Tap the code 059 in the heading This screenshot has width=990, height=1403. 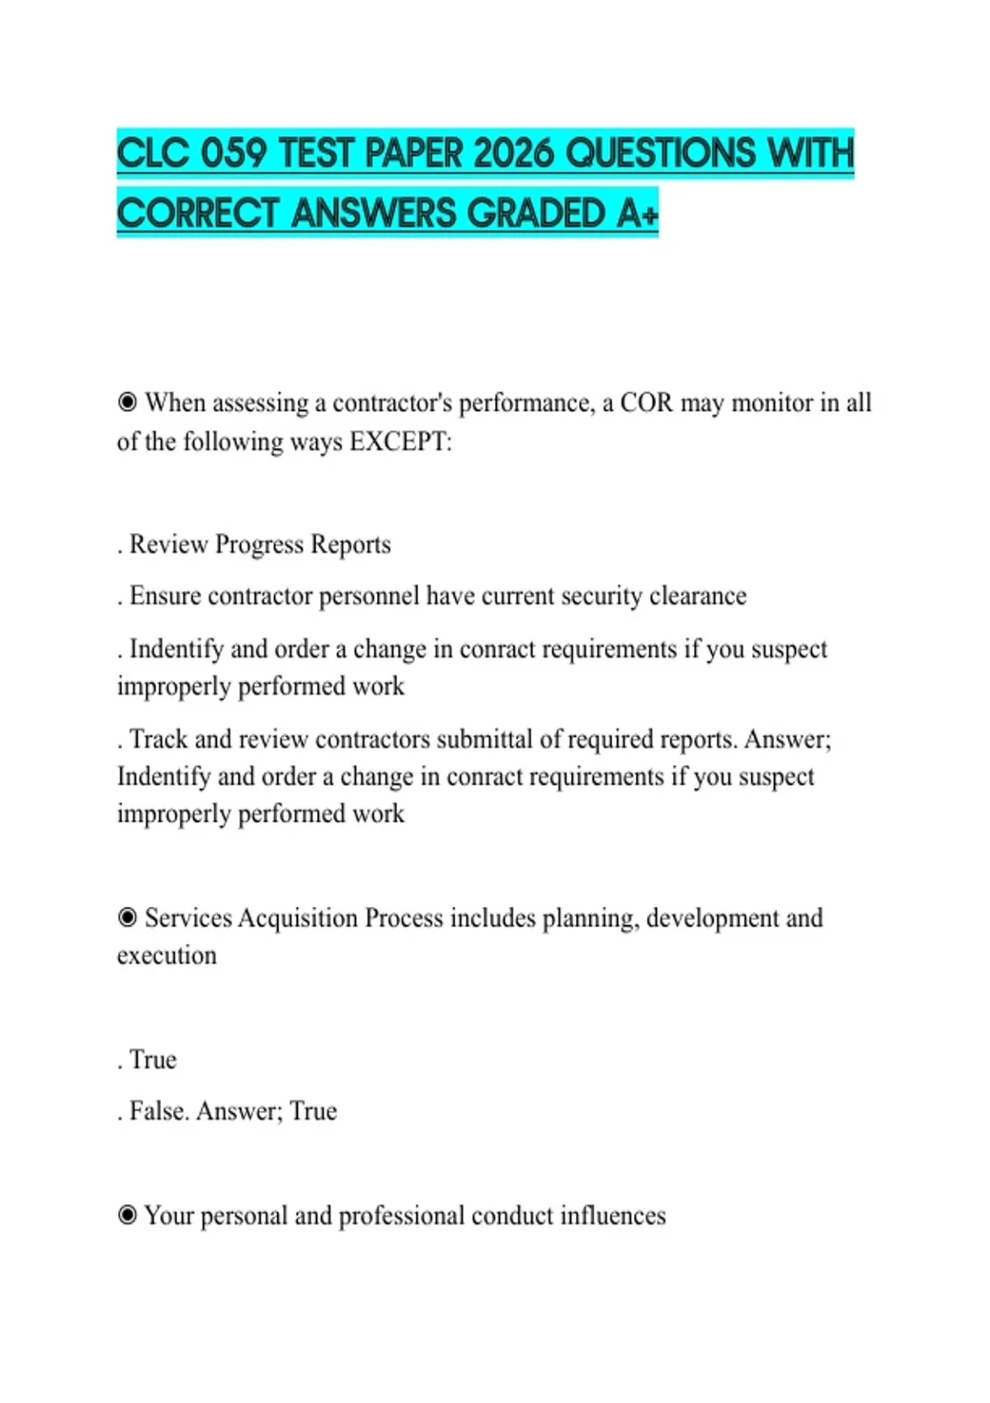[233, 154]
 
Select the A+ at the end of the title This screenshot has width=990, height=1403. [637, 214]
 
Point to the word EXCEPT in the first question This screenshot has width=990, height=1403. [399, 442]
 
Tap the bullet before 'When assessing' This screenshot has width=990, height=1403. [127, 403]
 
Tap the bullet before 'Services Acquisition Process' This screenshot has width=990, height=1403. [127, 918]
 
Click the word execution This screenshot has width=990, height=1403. [167, 956]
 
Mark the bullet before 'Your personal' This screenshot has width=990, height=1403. [127, 1216]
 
